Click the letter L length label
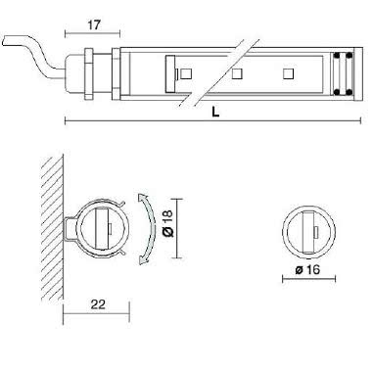tap(214, 111)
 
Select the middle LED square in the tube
tap(236, 73)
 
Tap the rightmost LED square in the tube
tap(289, 73)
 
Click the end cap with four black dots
tap(340, 73)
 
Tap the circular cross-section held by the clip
tap(102, 228)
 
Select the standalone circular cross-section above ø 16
tap(306, 230)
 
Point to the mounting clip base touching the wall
tap(69, 229)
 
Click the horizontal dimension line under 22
tap(95, 316)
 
